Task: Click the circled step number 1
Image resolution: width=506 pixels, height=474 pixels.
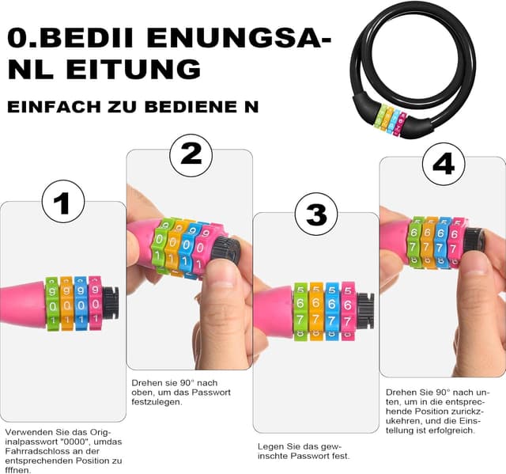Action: pyautogui.click(x=62, y=204)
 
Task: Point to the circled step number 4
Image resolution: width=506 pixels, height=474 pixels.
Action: pyautogui.click(x=444, y=163)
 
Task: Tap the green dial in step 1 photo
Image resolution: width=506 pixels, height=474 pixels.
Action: pyautogui.click(x=52, y=303)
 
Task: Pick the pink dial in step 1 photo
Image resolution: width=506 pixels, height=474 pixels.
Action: pyautogui.click(x=95, y=303)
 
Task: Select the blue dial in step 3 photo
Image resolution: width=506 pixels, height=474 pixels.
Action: pyautogui.click(x=331, y=311)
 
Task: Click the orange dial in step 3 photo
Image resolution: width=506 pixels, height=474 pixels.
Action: pyautogui.click(x=316, y=311)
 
